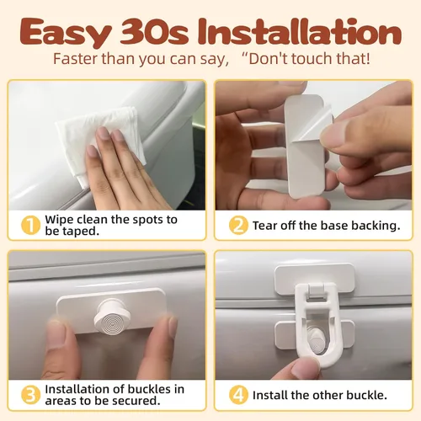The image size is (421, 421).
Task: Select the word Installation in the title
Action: [x=300, y=31]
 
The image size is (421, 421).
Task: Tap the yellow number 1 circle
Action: [x=30, y=225]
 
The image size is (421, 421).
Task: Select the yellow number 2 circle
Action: [x=238, y=225]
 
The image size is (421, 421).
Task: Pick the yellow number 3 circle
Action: [x=30, y=395]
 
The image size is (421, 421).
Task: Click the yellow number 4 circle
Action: [x=238, y=395]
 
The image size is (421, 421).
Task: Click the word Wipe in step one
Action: [x=59, y=220]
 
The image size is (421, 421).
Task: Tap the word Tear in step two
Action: [x=265, y=226]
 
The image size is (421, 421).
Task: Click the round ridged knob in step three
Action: [x=112, y=317]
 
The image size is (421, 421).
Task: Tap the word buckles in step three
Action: [x=149, y=389]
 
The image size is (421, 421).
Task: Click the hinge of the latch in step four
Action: [x=315, y=291]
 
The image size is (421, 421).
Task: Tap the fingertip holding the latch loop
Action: [x=305, y=368]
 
